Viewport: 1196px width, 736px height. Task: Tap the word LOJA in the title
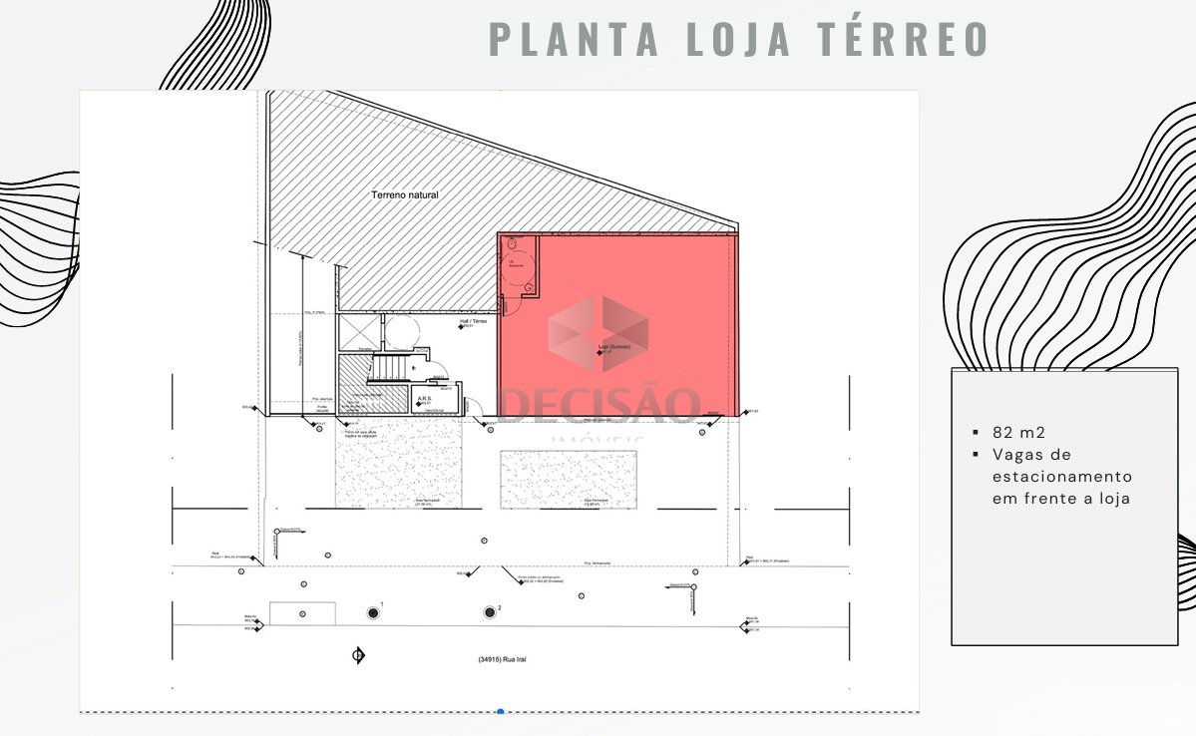pyautogui.click(x=737, y=37)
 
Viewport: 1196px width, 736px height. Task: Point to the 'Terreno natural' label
pyautogui.click(x=405, y=195)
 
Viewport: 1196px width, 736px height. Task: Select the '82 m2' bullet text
pyautogui.click(x=1017, y=433)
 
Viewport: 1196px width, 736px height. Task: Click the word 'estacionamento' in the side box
pyautogui.click(x=1062, y=476)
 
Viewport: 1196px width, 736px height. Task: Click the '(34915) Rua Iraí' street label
pyautogui.click(x=504, y=659)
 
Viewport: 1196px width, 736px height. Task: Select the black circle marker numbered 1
pyautogui.click(x=373, y=611)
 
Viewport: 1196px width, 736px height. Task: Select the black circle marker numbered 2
pyautogui.click(x=490, y=611)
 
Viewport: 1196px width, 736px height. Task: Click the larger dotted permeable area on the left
pyautogui.click(x=399, y=464)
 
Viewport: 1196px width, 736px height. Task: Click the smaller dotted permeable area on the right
pyautogui.click(x=568, y=479)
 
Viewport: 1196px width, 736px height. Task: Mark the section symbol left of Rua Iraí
pyautogui.click(x=358, y=655)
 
